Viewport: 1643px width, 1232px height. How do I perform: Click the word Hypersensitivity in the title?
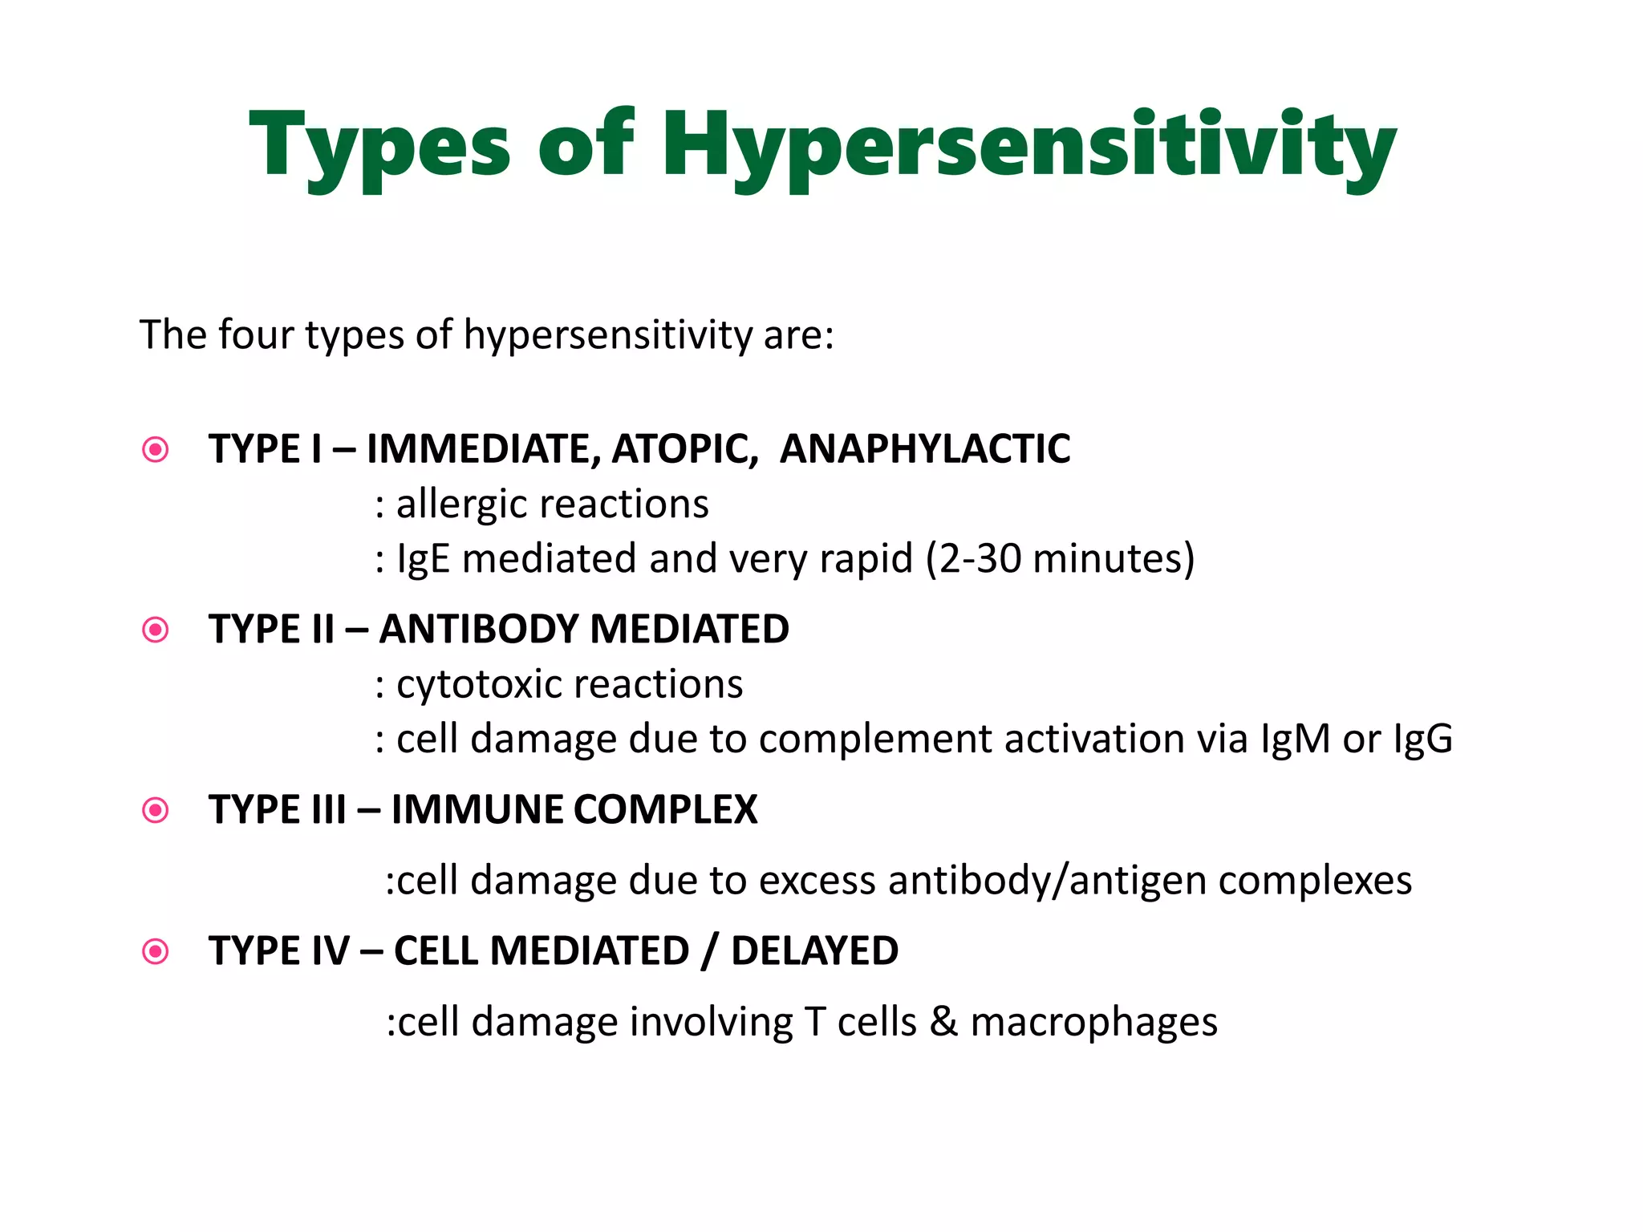tap(1028, 147)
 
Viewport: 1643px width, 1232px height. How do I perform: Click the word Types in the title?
tap(379, 147)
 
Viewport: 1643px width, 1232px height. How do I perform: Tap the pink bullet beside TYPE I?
tap(155, 449)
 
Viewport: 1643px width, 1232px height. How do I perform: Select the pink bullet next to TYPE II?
tap(155, 630)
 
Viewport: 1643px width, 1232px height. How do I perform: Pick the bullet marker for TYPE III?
tap(155, 810)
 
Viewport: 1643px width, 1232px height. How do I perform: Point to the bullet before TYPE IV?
tap(155, 952)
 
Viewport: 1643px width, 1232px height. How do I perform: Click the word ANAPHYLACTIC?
tap(925, 449)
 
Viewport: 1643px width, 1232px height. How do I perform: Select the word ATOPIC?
tap(684, 449)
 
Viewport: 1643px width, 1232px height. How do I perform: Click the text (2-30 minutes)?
tap(1060, 559)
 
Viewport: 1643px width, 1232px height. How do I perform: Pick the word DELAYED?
tap(814, 952)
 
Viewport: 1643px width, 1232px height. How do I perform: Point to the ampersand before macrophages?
tap(944, 1023)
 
